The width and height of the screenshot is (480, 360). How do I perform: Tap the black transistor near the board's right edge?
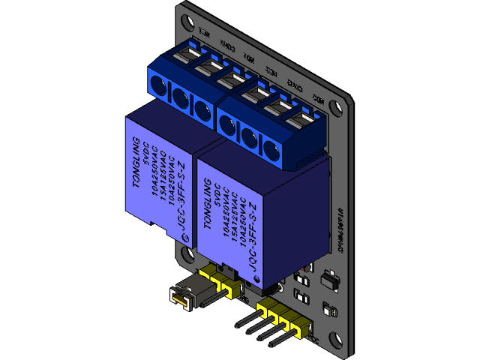[x=328, y=280]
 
